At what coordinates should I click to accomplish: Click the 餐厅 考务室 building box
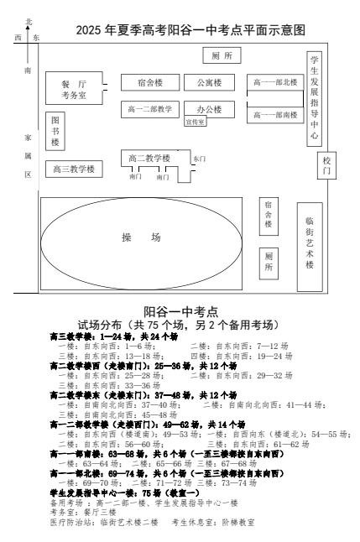[x=74, y=88]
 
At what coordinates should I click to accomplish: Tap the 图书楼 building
[x=55, y=131]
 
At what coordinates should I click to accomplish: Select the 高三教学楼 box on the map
[x=74, y=169]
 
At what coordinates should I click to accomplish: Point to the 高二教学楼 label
[x=149, y=159]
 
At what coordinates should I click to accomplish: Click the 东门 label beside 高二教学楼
[x=199, y=159]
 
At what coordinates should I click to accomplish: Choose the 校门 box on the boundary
[x=326, y=165]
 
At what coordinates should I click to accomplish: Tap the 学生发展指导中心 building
[x=315, y=99]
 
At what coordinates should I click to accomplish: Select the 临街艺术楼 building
[x=310, y=247]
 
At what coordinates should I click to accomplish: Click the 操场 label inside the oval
[x=141, y=237]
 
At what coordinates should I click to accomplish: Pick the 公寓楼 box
[x=209, y=82]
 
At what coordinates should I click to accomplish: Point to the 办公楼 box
[x=209, y=109]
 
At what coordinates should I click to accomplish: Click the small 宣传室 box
[x=196, y=122]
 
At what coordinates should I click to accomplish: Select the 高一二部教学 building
[x=150, y=109]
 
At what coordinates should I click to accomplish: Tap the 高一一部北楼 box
[x=275, y=82]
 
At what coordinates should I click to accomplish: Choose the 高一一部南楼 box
[x=275, y=115]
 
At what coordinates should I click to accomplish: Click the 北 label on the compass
[x=29, y=22]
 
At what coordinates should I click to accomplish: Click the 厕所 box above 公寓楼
[x=222, y=55]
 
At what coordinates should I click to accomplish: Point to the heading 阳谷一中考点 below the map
[x=181, y=311]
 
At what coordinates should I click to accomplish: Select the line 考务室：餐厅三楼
[x=83, y=513]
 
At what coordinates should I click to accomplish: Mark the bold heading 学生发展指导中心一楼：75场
[x=125, y=492]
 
